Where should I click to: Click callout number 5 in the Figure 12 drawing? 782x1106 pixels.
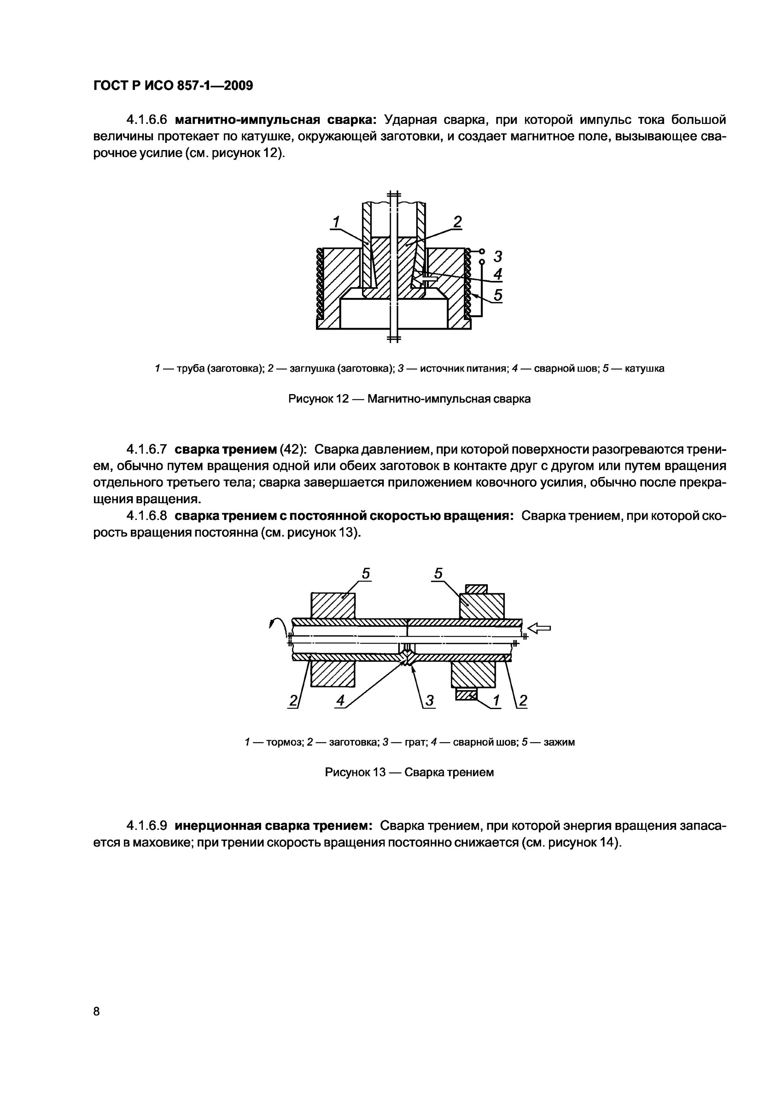pos(498,295)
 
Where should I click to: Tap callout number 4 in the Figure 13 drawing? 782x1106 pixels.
pos(341,702)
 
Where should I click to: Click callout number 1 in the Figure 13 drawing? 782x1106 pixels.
pos(497,702)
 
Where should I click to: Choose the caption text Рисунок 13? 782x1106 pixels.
pos(355,773)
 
